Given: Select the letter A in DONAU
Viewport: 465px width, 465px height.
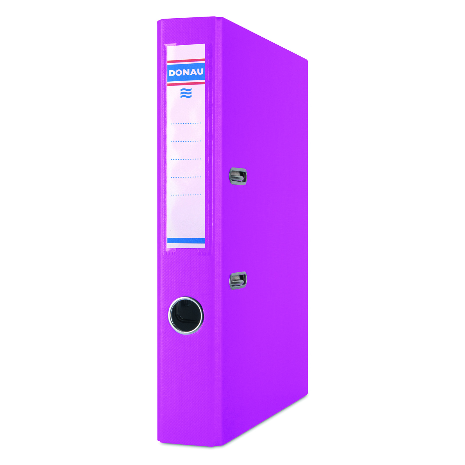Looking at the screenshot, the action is (x=193, y=72).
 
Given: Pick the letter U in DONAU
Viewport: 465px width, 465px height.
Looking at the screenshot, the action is (x=200, y=72).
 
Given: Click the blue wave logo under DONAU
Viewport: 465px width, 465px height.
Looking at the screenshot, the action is (x=186, y=93).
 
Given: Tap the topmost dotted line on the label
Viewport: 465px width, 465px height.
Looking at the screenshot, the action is (x=186, y=123).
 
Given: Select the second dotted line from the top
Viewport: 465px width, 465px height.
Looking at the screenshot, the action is (x=186, y=141).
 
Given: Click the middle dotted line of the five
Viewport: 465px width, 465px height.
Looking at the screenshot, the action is (x=186, y=159).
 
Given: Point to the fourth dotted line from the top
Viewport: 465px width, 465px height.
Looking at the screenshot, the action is (x=186, y=177).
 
